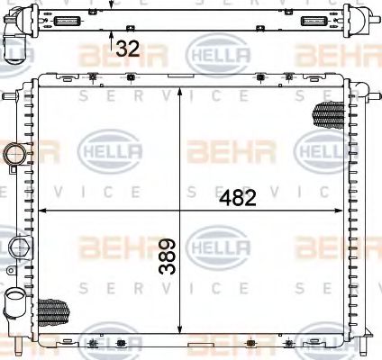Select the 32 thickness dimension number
(x=128, y=49)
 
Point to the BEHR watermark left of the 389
(x=109, y=245)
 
